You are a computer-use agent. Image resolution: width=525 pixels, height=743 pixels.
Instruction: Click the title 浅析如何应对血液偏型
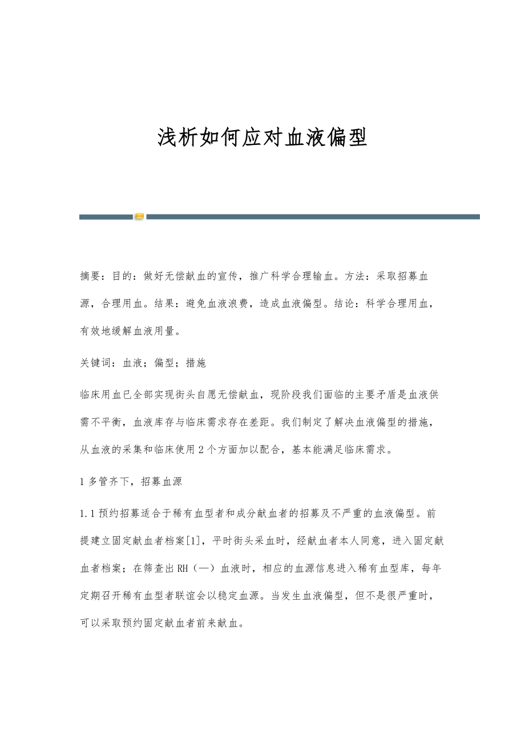(262, 138)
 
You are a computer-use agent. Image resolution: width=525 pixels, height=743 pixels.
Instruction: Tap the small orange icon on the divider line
(139, 217)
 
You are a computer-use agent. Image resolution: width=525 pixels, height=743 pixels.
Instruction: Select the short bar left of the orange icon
(106, 217)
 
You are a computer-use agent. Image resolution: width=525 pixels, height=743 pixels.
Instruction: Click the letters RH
(183, 568)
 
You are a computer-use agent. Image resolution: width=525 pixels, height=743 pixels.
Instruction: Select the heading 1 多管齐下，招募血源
(131, 482)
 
